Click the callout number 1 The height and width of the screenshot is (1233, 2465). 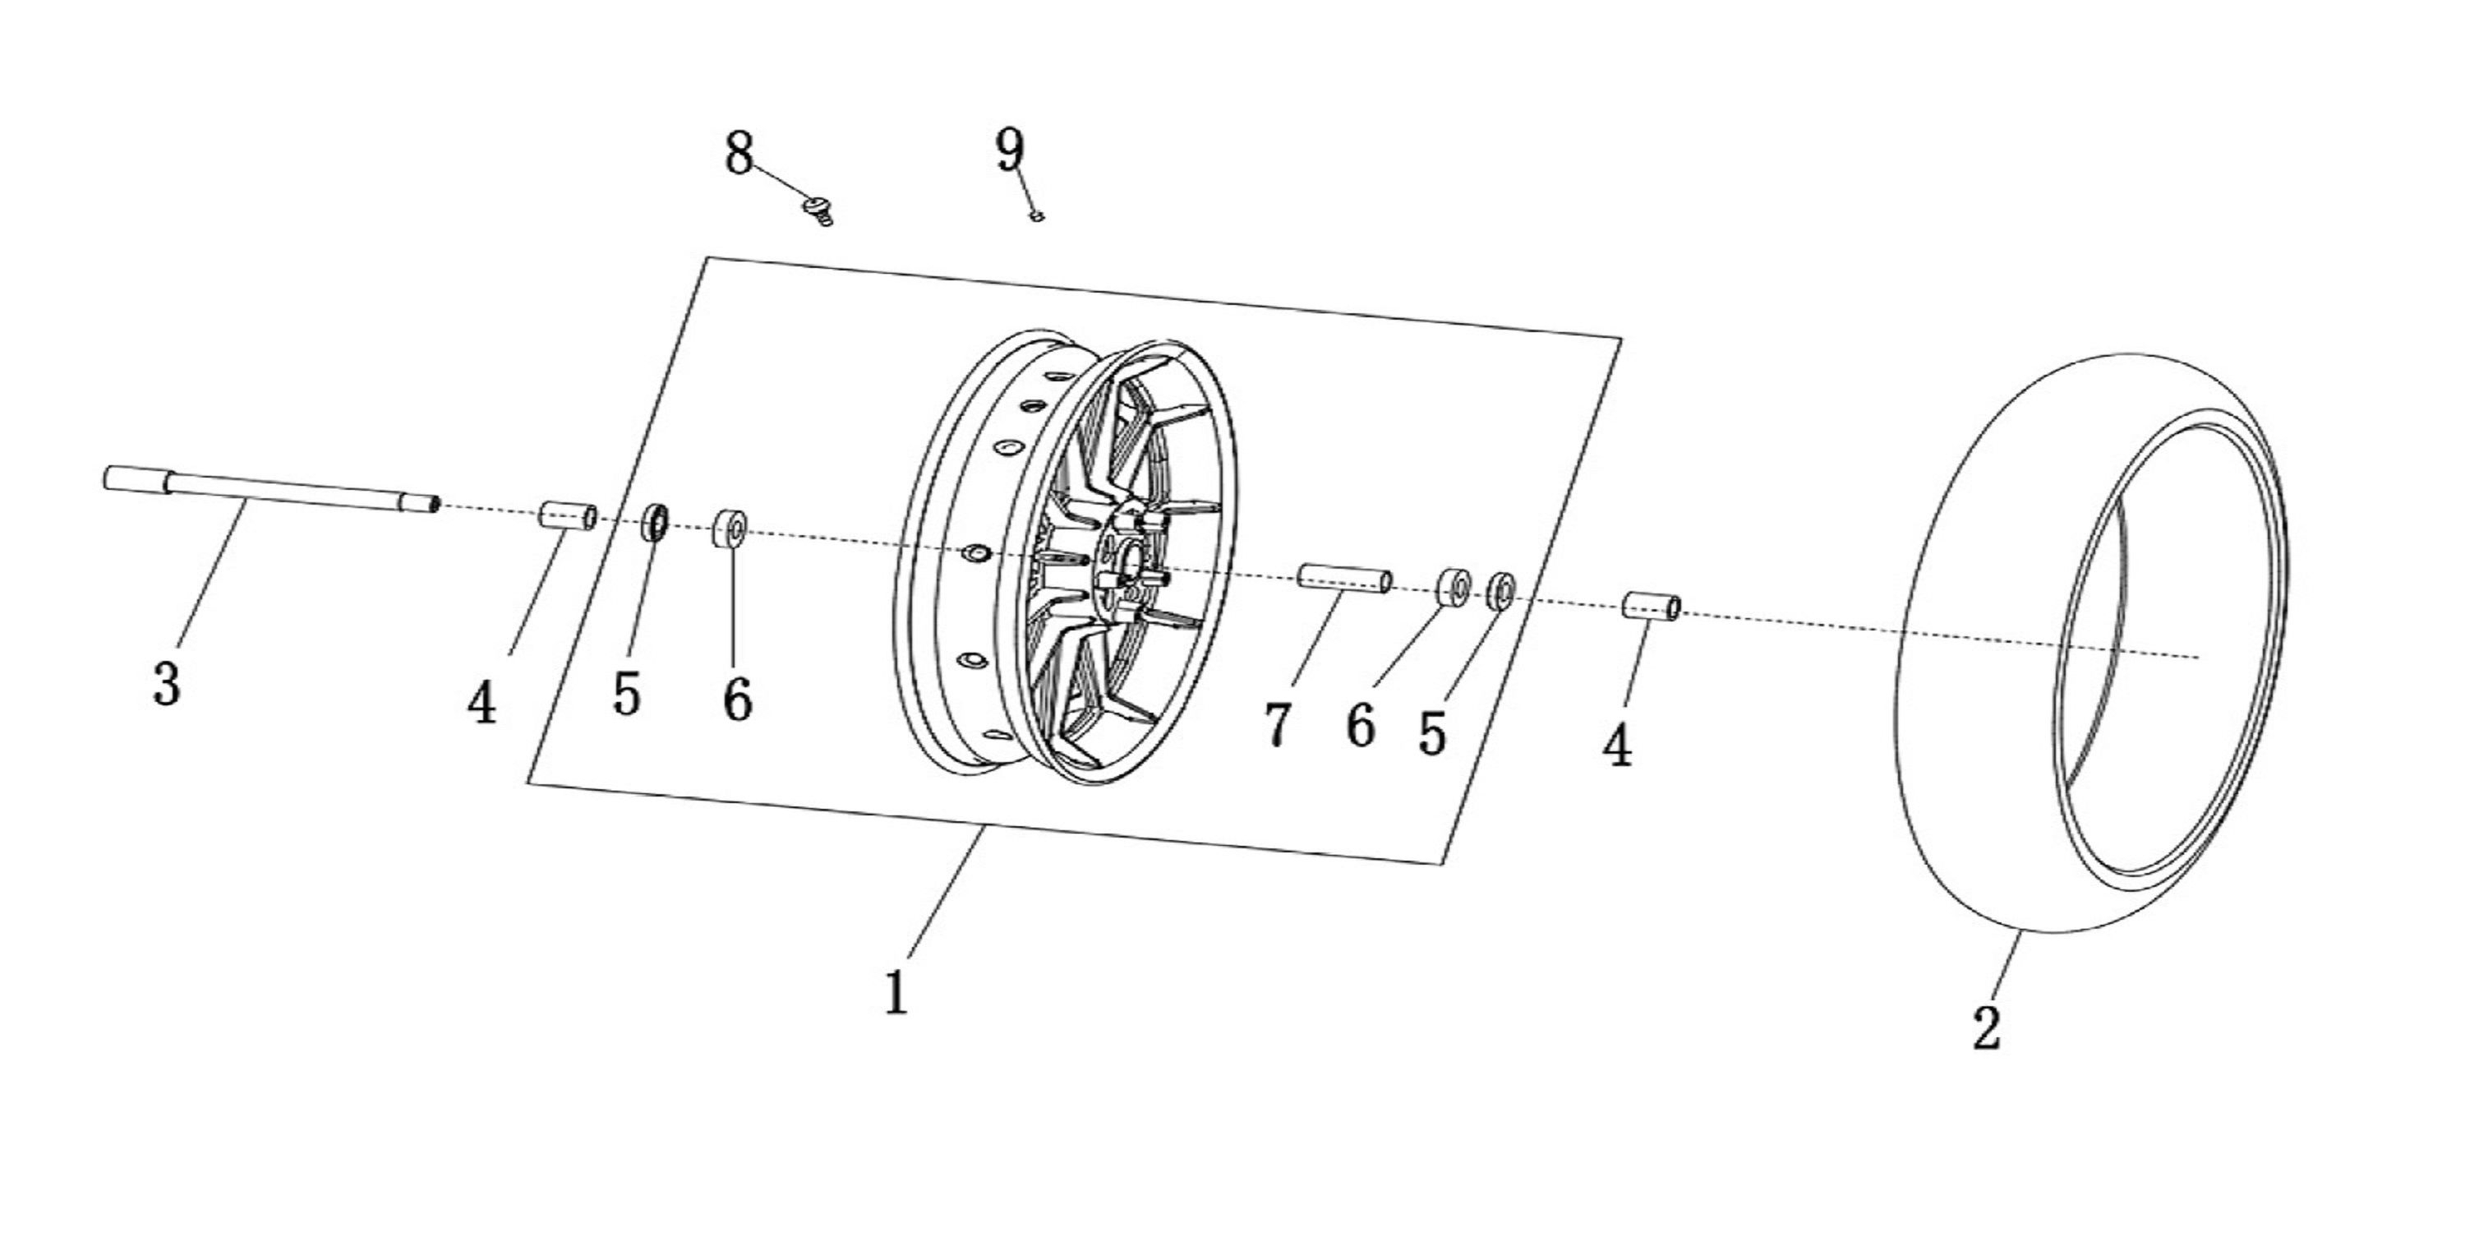(896, 993)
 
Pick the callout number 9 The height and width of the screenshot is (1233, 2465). (1010, 150)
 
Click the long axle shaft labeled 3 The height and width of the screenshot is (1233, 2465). (271, 489)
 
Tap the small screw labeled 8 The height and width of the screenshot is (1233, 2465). (819, 210)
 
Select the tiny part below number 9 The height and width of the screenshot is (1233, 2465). (1035, 216)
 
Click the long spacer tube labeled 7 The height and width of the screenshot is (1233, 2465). (1344, 580)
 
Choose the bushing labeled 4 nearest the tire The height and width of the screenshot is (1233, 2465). (1652, 606)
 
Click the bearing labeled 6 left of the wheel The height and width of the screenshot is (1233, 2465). (731, 529)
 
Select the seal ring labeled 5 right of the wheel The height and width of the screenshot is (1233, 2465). (1500, 592)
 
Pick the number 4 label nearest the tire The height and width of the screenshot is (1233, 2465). (1617, 745)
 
